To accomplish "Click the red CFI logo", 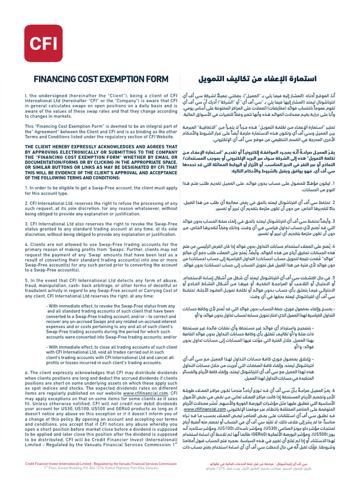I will coord(43,44).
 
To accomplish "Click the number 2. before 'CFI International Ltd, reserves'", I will coord(26,203).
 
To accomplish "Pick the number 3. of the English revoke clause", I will coord(26,224).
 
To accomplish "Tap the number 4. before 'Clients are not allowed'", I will coord(26,244).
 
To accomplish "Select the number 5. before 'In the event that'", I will coord(26,280).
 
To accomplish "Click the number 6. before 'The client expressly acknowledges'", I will coord(26,372).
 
